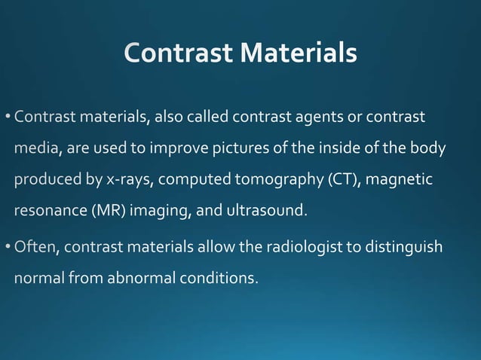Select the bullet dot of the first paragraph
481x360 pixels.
point(8,117)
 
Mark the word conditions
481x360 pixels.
point(219,278)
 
